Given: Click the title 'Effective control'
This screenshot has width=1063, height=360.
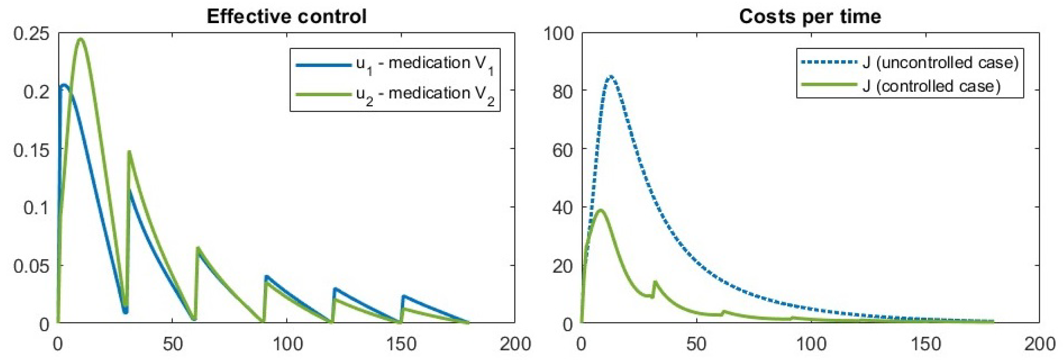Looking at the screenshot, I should tap(286, 17).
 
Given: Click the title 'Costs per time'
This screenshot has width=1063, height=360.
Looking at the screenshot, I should tap(809, 17).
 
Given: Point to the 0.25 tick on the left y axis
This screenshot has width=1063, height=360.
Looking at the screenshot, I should tap(31, 33).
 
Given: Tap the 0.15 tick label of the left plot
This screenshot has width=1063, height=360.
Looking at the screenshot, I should tap(31, 150).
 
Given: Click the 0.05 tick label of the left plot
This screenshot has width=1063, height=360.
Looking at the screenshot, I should tap(31, 266).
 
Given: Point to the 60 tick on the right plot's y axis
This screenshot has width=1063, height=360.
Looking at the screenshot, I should tap(563, 150).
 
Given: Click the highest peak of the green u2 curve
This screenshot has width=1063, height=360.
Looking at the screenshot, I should tap(81, 39).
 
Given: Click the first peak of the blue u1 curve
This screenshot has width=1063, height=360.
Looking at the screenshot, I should tap(64, 85).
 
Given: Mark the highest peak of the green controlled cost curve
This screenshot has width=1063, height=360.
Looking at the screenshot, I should tap(600, 210).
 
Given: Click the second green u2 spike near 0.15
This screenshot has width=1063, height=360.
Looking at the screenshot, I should tap(129, 152).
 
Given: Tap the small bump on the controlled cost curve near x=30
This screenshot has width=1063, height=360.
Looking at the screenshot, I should tap(655, 282).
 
